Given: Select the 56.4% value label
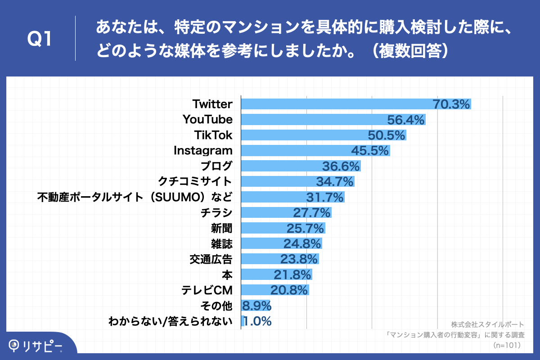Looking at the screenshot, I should (x=406, y=120).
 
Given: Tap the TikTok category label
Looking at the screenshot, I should (x=213, y=135).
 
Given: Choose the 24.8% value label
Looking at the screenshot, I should (x=302, y=244).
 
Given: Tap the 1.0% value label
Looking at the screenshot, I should (x=257, y=321).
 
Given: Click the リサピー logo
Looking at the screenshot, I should (x=36, y=346).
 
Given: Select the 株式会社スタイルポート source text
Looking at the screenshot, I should (x=487, y=324).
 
